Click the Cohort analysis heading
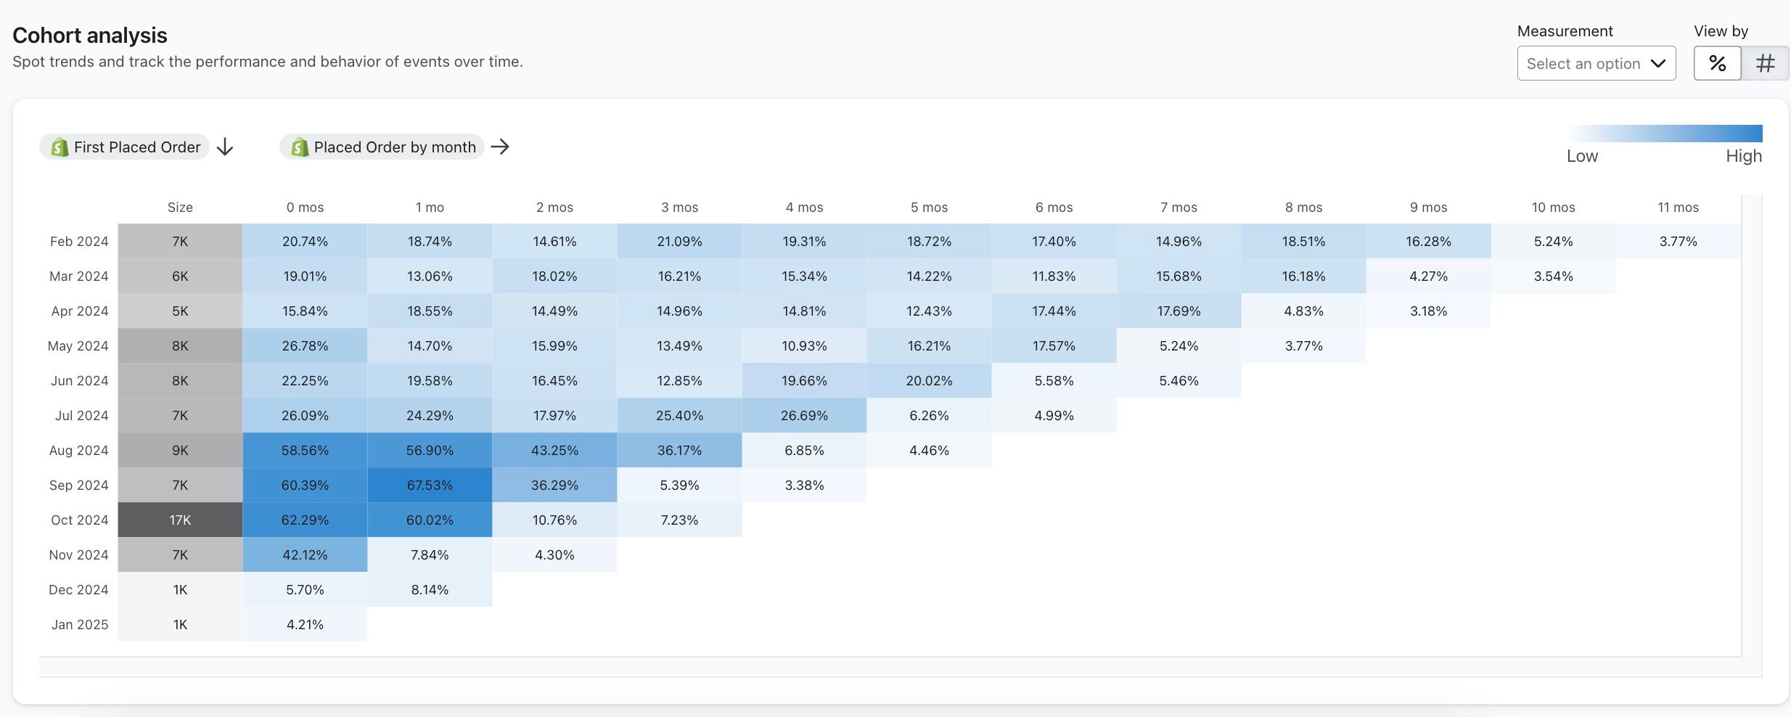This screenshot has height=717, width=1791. tap(90, 35)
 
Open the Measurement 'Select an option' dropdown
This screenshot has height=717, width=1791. tap(1596, 63)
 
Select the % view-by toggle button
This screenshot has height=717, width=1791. tap(1717, 63)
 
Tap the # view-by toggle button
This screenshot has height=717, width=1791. tap(1765, 63)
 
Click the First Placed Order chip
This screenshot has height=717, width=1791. tap(125, 147)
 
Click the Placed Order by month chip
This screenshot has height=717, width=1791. tap(382, 147)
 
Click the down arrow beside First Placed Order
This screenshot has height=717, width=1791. tap(225, 147)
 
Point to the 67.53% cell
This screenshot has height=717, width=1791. tap(430, 485)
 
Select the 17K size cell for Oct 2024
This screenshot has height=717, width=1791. tap(180, 520)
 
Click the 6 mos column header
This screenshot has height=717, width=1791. tap(1054, 208)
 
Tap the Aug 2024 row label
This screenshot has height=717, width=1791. tap(78, 450)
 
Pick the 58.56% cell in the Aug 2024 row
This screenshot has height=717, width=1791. tap(305, 450)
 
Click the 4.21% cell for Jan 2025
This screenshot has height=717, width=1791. tap(305, 624)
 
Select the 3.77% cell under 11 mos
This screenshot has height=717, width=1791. tap(1678, 241)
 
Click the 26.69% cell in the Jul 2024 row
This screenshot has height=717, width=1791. tap(804, 415)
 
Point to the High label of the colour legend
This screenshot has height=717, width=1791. tap(1743, 156)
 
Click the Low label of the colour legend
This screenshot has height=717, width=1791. tap(1582, 156)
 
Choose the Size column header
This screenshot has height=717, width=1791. tap(180, 208)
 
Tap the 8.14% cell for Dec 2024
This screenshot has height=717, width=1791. tap(430, 589)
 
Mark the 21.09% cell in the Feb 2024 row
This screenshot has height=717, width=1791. tap(679, 241)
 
